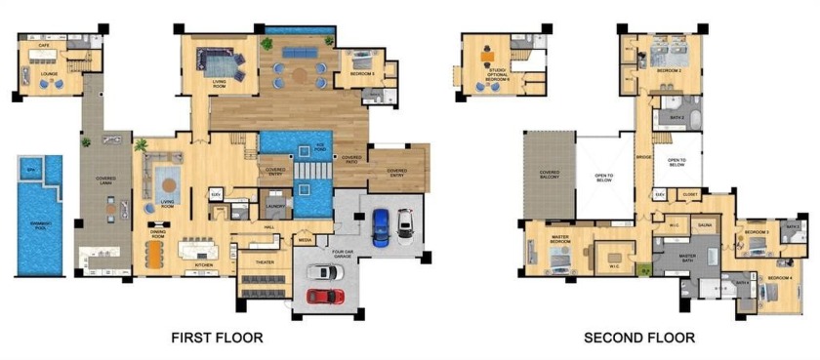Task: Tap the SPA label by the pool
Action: click(x=30, y=171)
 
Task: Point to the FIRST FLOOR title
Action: click(x=217, y=338)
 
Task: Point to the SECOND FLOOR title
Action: click(x=639, y=338)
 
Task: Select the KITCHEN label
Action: click(x=203, y=264)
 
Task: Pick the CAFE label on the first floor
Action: click(x=45, y=45)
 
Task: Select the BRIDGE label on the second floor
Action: click(x=643, y=156)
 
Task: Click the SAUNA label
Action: click(x=704, y=225)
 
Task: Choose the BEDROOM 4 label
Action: click(x=780, y=278)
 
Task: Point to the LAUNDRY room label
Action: click(x=276, y=206)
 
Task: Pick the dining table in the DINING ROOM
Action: click(x=157, y=253)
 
